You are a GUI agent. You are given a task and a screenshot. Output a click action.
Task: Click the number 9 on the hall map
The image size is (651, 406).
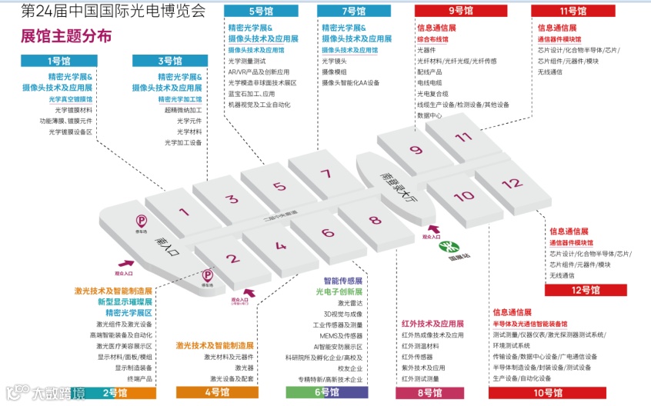click(416, 151)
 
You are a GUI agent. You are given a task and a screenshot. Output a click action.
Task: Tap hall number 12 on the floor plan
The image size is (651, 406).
click(510, 185)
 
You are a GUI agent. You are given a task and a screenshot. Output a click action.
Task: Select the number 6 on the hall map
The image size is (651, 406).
click(328, 233)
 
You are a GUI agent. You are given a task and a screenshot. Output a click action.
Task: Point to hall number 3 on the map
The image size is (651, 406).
click(231, 199)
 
